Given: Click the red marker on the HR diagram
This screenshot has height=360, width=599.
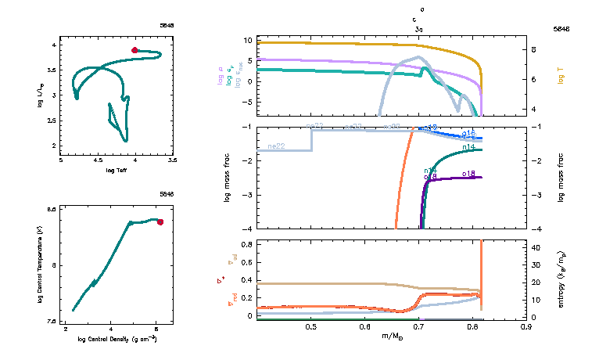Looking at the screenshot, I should coord(135,50).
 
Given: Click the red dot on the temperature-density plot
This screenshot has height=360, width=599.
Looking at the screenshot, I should coord(160,222).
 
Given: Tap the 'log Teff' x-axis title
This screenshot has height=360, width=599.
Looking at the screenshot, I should coord(117,169).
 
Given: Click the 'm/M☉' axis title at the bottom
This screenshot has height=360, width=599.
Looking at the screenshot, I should coord(391,336).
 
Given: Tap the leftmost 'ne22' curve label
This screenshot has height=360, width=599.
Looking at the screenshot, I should coord(275,146).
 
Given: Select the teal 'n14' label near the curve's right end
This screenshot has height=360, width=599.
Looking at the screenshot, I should coord(470,146).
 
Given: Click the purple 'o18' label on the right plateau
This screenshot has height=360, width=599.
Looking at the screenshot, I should coord(469,173).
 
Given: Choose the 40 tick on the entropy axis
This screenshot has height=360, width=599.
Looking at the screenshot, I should coord(540,247).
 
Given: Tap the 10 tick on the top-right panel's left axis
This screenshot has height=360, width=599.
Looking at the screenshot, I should coord(248,40).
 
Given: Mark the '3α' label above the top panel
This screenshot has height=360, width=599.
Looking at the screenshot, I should coord(420,27).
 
